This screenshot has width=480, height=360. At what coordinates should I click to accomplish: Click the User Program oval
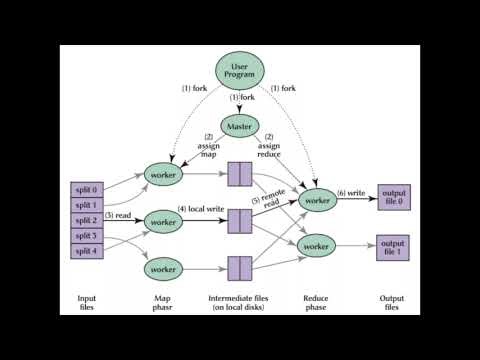[x=240, y=71]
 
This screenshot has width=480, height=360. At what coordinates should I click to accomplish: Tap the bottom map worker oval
[x=167, y=270]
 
